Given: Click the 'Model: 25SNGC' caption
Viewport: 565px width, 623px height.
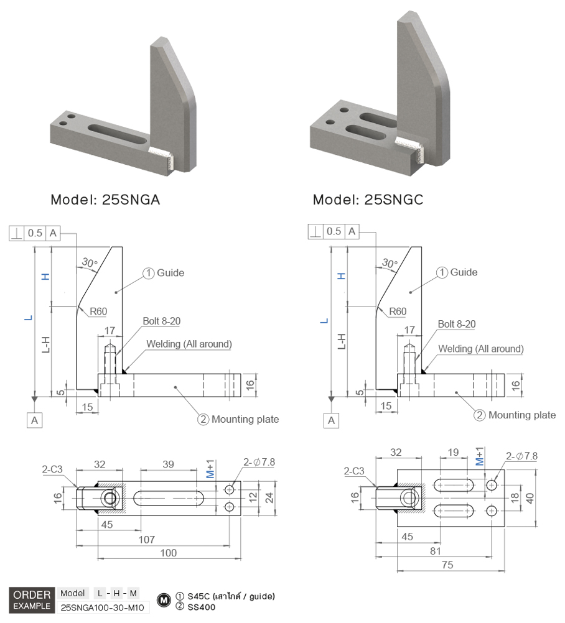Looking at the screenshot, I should (368, 200).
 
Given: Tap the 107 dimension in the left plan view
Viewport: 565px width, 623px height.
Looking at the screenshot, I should (146, 540).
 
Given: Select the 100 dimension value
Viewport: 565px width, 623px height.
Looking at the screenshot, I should (168, 553).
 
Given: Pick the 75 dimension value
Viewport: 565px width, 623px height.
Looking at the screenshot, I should (447, 565).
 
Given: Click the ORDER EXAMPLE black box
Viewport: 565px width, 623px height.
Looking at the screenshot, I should (32, 600).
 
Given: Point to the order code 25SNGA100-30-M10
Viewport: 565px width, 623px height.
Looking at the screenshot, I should (103, 607).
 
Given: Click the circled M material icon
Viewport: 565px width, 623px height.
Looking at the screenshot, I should (164, 601).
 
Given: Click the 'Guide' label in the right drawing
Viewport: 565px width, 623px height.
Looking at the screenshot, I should (464, 272).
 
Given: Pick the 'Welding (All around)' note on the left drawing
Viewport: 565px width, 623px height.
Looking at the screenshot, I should (189, 344).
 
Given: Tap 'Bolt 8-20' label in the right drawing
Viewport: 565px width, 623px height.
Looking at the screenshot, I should (457, 324).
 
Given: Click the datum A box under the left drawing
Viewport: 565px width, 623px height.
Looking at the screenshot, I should (35, 420).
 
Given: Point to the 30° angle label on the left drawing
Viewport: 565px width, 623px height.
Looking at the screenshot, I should (89, 262).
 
